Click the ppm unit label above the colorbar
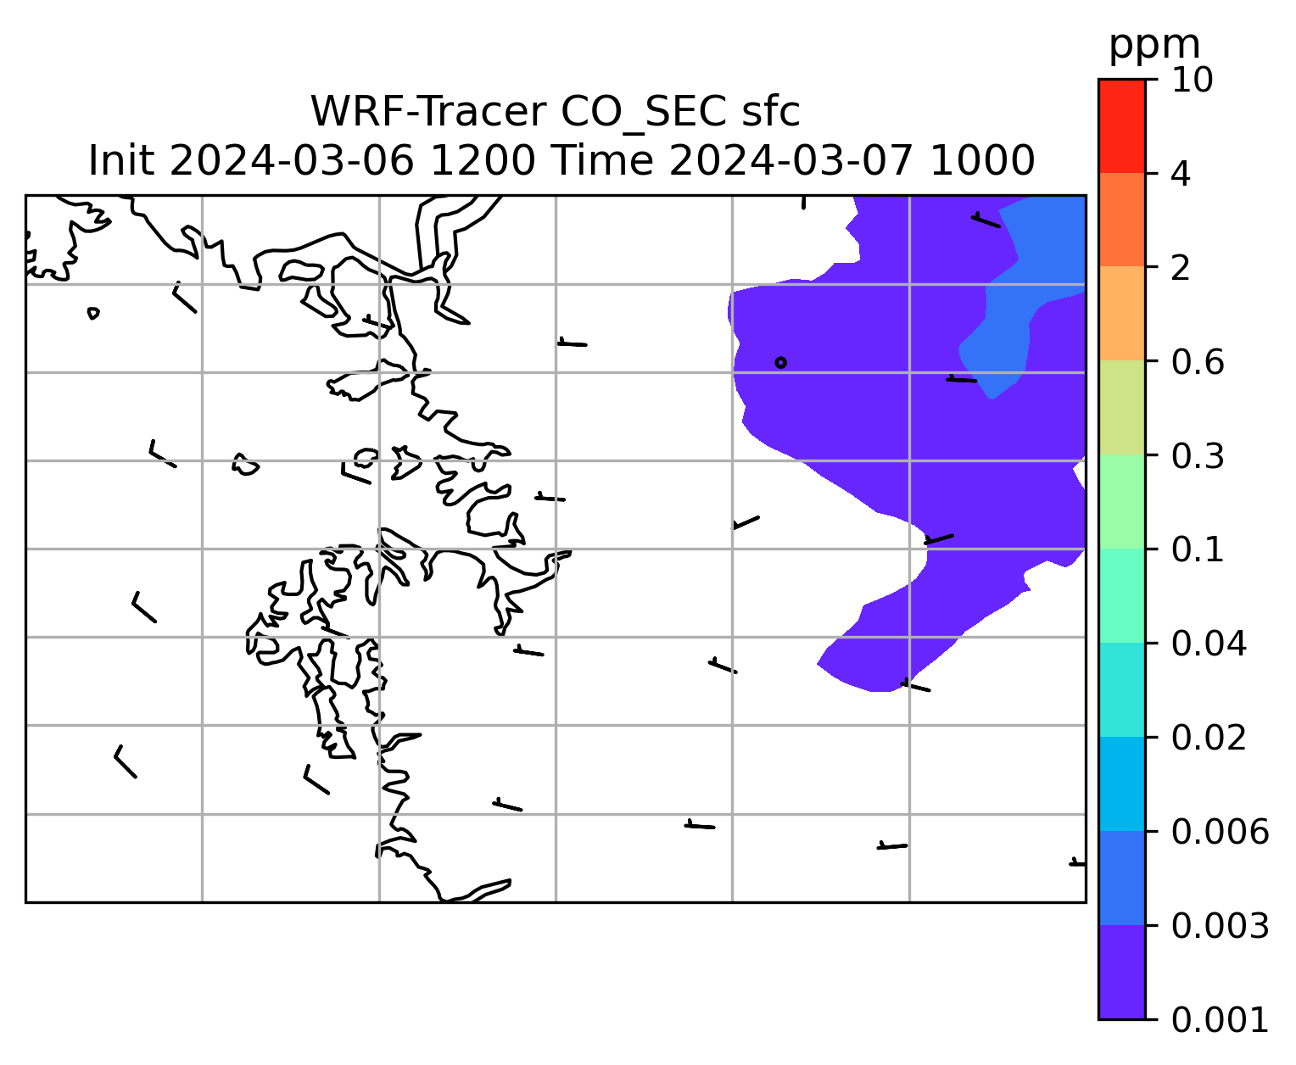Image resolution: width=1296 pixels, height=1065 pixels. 1154,47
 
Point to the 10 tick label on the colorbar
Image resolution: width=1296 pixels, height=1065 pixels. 1192,80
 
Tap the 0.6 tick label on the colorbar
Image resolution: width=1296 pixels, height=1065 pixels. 1197,362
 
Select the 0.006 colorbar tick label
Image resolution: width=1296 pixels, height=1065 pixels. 1220,832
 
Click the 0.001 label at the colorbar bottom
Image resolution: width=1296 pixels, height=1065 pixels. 1220,1020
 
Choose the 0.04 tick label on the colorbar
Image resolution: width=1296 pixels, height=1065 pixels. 1208,644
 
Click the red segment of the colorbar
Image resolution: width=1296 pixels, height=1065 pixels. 1121,125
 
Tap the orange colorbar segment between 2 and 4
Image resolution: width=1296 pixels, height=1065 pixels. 1121,220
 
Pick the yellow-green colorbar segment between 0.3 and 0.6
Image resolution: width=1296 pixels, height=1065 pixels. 1121,407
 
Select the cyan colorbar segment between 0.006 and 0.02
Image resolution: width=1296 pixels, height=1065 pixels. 1121,783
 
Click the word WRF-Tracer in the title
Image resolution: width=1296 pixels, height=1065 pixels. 427,112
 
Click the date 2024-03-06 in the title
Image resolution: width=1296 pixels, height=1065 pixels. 291,161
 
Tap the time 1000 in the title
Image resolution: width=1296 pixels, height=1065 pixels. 982,161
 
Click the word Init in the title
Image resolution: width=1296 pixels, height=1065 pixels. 121,161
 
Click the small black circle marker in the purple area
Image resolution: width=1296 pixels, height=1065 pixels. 780,362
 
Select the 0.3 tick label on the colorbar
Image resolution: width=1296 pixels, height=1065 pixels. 1197,455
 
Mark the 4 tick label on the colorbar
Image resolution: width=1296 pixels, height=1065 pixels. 1181,174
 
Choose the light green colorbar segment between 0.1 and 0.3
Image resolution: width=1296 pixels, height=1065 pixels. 1121,502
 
